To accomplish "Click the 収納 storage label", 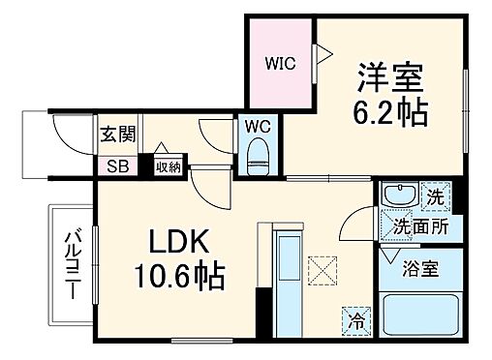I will point(168,166).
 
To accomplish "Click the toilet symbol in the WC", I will point(257,156).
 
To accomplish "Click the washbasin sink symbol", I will point(397,196).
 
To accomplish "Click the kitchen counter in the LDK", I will point(290,281).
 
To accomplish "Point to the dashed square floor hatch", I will point(321,268).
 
